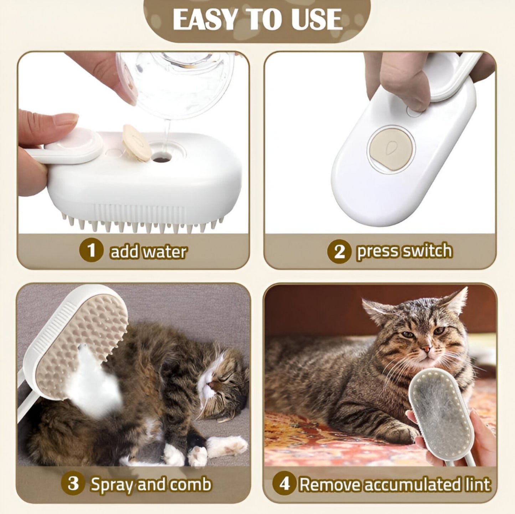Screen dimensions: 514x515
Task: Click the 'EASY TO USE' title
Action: [257, 19]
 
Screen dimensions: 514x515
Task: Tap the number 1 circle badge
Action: [92, 250]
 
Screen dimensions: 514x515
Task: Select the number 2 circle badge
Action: [339, 251]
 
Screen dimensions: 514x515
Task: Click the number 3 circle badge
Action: [73, 484]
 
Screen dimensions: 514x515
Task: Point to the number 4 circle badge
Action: [284, 484]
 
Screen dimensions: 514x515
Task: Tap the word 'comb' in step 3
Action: [190, 484]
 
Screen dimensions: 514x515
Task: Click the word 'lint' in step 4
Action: [479, 484]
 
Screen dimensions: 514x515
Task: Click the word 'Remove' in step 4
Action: [330, 484]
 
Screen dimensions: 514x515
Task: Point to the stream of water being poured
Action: [166, 136]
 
